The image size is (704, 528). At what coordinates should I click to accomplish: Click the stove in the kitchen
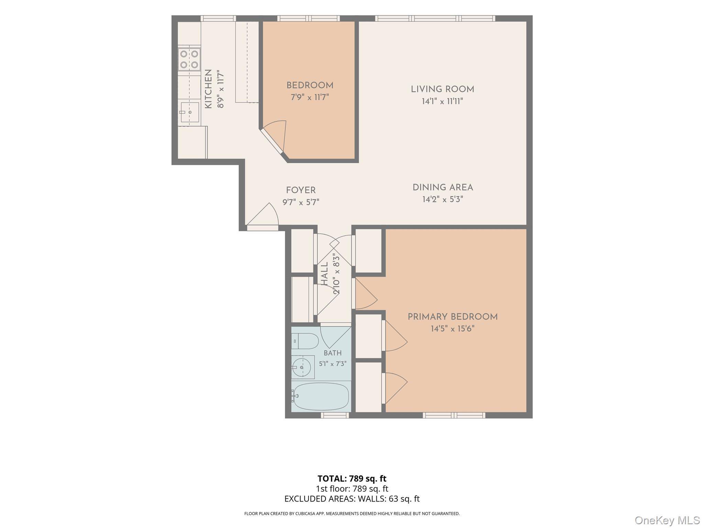189,59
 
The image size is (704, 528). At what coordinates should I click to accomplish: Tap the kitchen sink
189,112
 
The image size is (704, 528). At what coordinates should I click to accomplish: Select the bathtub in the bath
321,396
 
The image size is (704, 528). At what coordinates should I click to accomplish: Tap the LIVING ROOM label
442,89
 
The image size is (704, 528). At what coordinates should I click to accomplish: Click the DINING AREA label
443,188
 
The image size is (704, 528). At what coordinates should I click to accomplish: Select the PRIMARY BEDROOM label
453,317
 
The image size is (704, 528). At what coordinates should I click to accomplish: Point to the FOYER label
301,190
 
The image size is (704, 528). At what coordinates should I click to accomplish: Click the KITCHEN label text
208,89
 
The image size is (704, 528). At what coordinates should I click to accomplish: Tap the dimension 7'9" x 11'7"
310,97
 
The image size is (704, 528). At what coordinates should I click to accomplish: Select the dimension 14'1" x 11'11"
442,101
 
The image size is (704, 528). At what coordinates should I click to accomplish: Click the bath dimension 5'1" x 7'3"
332,364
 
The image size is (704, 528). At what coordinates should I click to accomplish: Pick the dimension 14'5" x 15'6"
452,329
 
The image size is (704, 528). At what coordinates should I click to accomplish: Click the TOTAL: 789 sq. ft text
352,478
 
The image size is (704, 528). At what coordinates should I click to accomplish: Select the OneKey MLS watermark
667,520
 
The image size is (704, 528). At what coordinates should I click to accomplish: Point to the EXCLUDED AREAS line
352,499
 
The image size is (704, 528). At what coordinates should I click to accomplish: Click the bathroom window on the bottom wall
335,415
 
